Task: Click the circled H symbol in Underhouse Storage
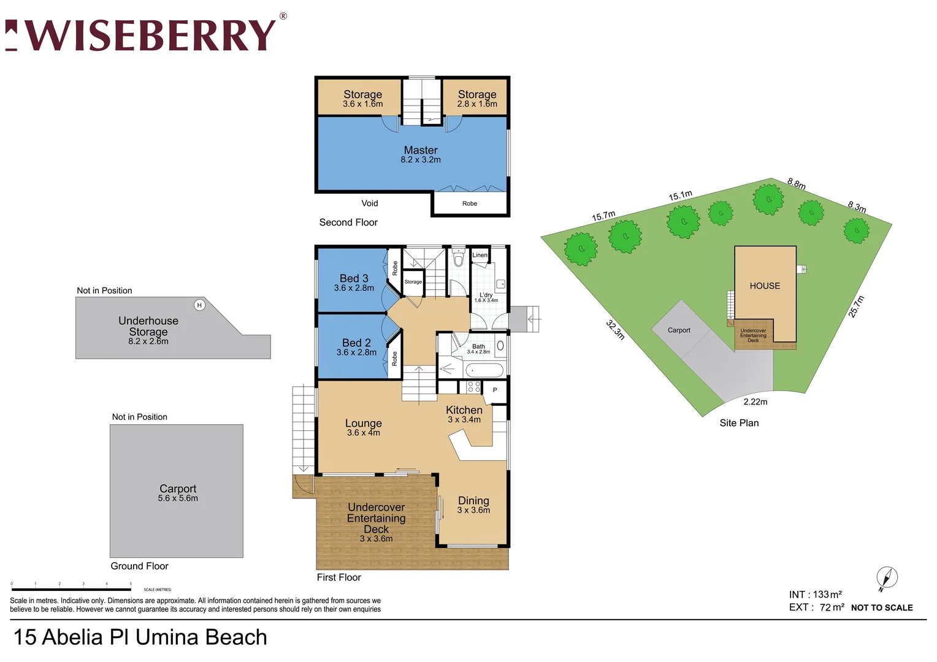[199, 305]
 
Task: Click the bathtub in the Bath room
[484, 370]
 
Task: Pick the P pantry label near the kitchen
[495, 390]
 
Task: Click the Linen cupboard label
[480, 255]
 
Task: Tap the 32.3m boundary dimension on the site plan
[615, 330]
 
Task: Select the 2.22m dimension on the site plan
[755, 402]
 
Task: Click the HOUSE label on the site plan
[765, 286]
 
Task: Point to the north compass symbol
[887, 578]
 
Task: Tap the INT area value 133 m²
[827, 595]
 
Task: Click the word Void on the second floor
[369, 204]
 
